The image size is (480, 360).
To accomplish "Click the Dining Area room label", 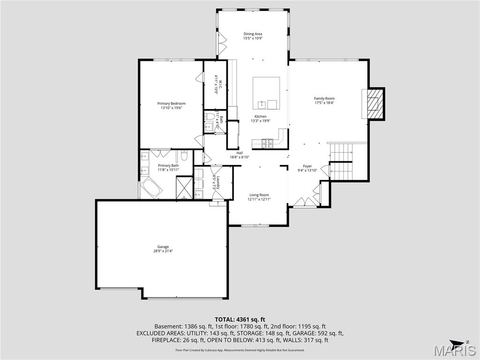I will [x=253, y=34].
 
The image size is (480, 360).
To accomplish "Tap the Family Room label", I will [x=324, y=98].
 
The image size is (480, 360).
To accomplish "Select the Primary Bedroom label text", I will [x=171, y=104].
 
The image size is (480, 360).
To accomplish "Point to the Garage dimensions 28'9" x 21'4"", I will [x=163, y=251].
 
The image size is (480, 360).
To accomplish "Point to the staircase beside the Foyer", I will [x=341, y=162].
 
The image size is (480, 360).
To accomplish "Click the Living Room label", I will [x=259, y=195].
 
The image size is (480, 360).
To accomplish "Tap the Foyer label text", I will [x=307, y=166].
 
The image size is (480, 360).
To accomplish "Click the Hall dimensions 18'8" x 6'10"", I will [x=240, y=157].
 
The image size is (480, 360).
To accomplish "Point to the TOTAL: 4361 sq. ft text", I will [x=240, y=320].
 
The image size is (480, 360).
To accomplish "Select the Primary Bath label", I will [x=168, y=165].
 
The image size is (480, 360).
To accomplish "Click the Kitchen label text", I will [x=260, y=117].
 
